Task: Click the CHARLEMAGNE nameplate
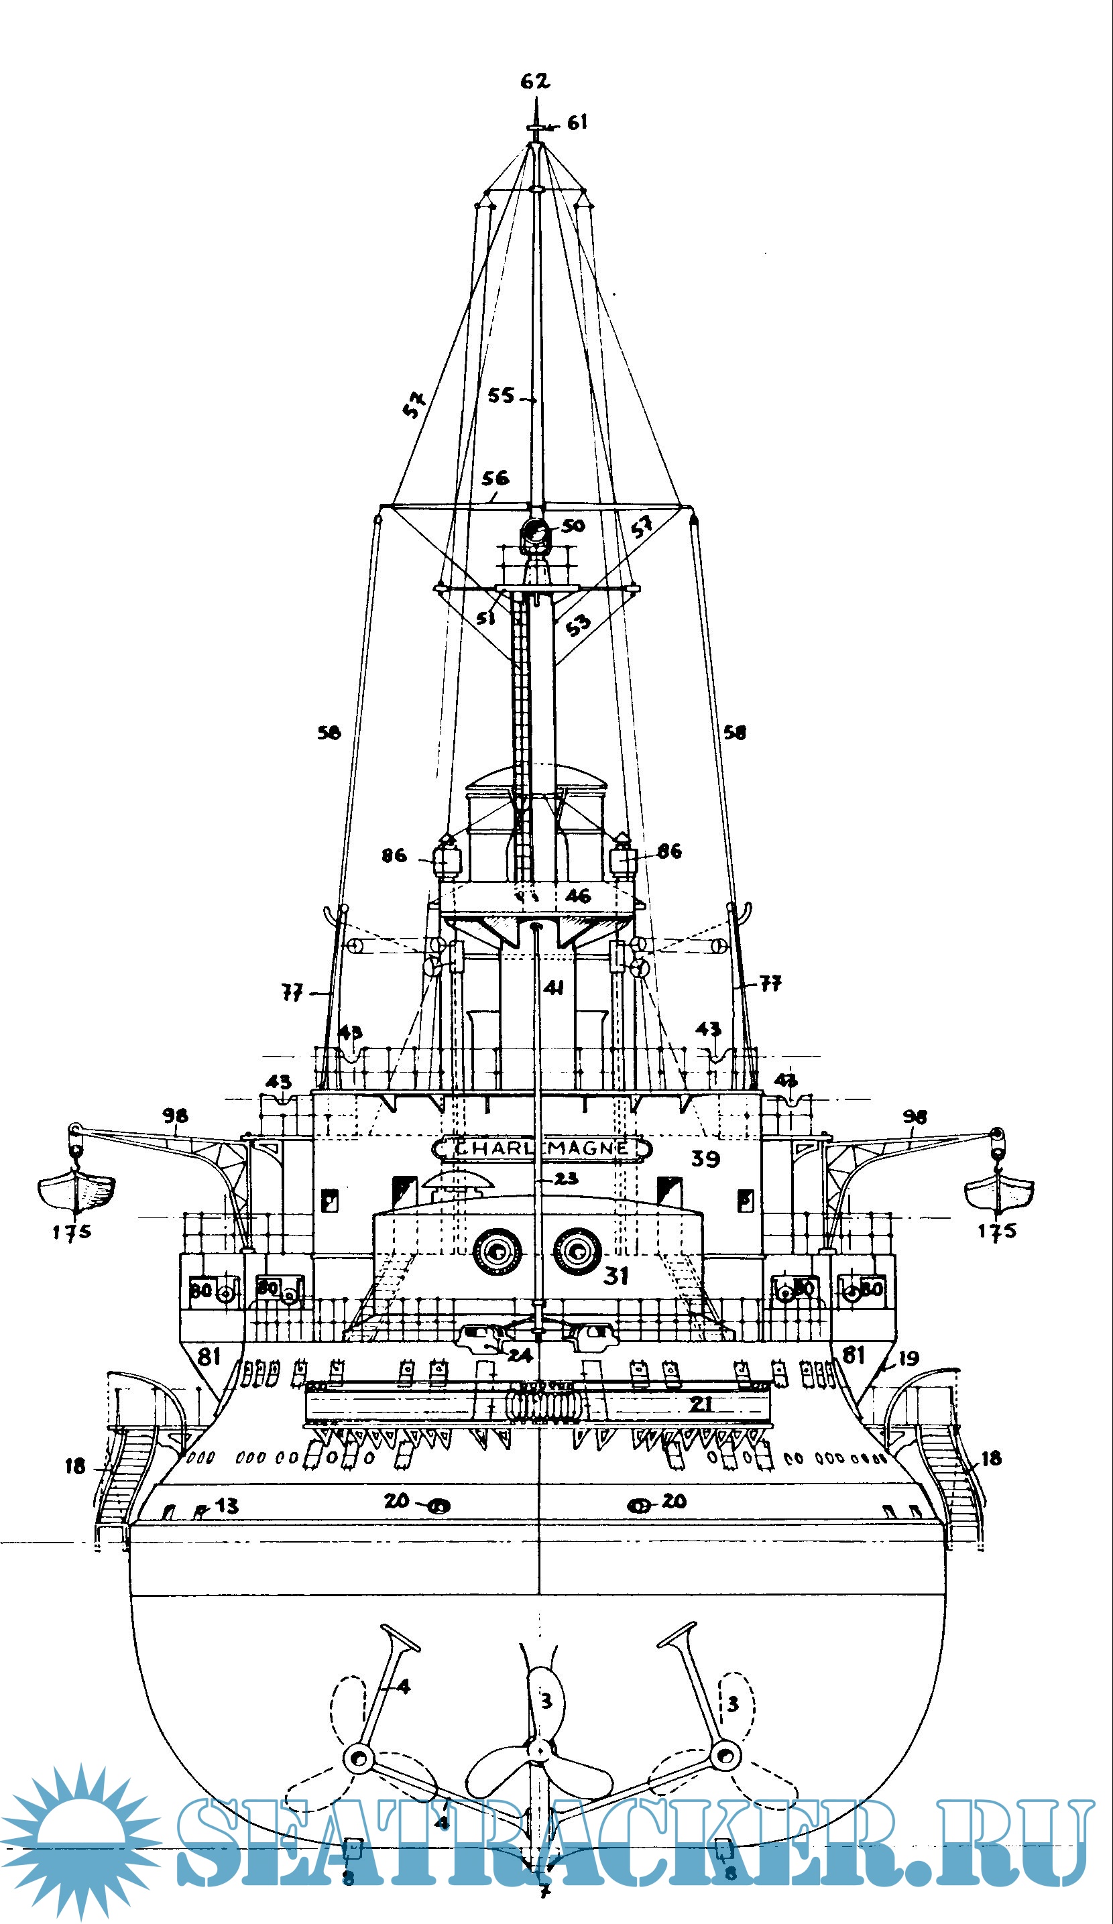(x=540, y=1148)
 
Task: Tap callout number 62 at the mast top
(x=534, y=80)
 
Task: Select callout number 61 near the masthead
(x=577, y=122)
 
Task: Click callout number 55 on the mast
(x=502, y=396)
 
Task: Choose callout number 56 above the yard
(x=495, y=479)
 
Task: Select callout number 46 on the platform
(x=577, y=896)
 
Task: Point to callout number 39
(x=705, y=1159)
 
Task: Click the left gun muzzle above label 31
(x=497, y=1252)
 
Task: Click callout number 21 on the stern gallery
(x=700, y=1403)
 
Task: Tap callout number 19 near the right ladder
(x=908, y=1358)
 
